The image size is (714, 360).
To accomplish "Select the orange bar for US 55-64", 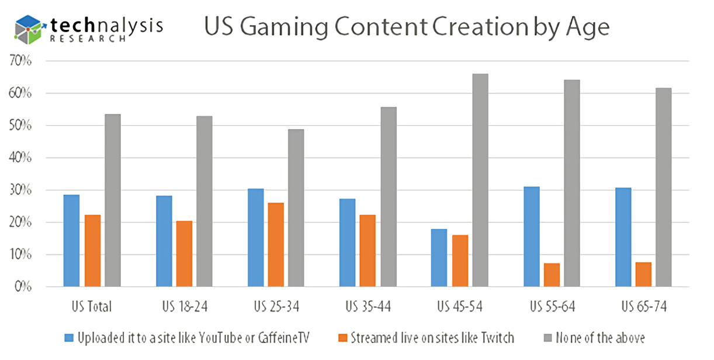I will [x=552, y=275].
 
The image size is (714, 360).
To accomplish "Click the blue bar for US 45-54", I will [x=439, y=258].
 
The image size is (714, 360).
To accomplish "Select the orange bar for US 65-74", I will [x=643, y=275].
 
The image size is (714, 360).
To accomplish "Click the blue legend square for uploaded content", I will [x=69, y=338].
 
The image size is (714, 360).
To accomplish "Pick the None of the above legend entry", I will [x=600, y=338].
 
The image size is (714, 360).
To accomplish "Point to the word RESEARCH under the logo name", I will [x=88, y=39].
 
